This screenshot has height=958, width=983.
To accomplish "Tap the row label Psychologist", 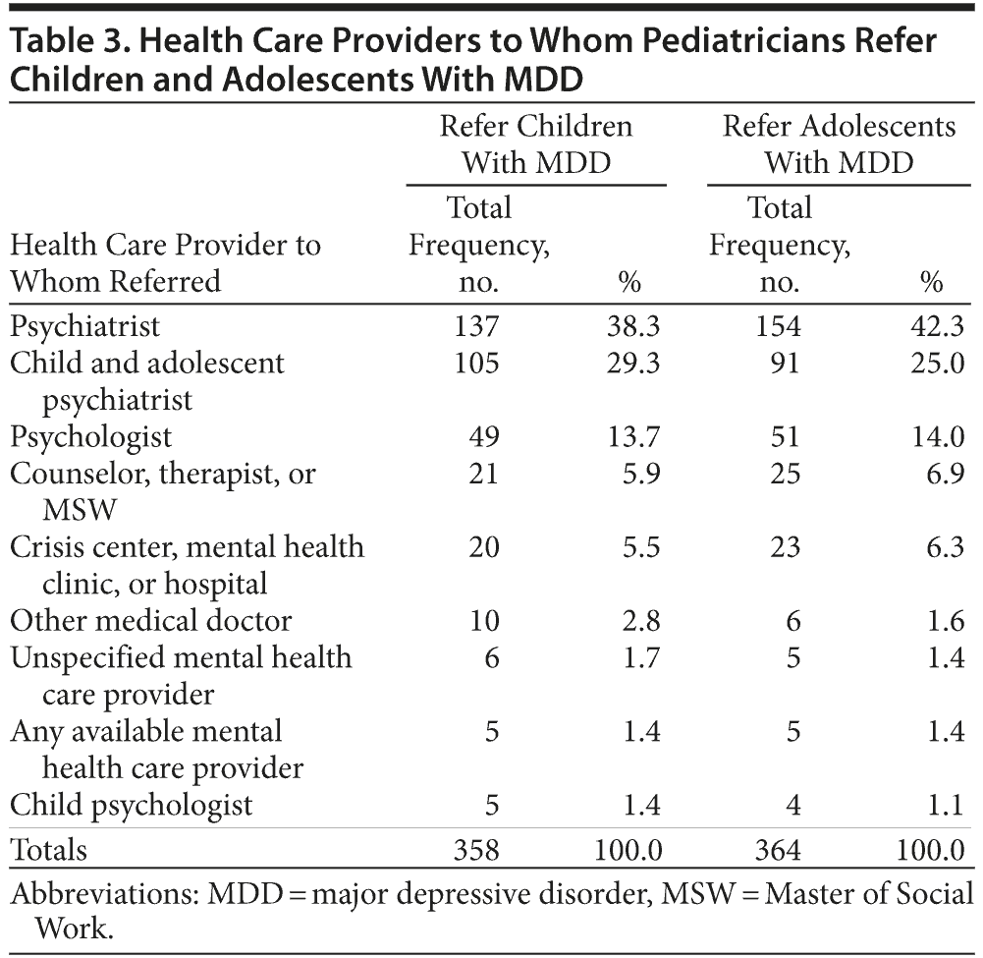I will click(90, 436).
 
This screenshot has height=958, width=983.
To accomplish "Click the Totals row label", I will click(48, 848).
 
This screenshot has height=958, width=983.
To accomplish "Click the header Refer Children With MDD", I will click(536, 143).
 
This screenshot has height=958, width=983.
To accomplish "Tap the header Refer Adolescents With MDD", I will click(839, 143).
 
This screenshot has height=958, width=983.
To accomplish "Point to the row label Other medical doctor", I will click(151, 621).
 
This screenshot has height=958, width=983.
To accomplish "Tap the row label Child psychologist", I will click(132, 806).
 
